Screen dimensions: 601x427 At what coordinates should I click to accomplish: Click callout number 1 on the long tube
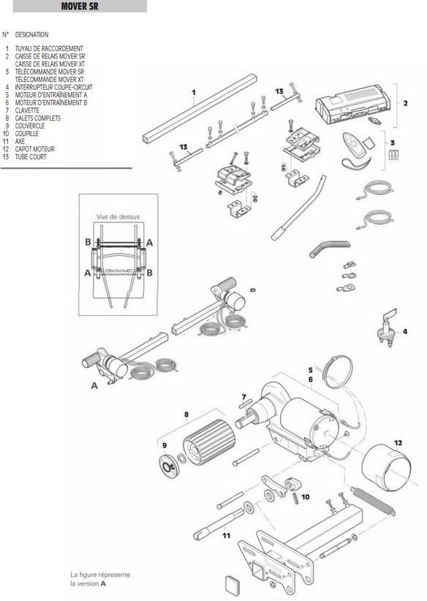tap(194, 92)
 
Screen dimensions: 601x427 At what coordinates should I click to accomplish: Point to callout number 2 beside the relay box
tap(404, 103)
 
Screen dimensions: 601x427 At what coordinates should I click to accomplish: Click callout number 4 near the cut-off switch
tap(404, 332)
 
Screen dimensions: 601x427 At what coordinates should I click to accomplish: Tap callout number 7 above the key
tap(243, 397)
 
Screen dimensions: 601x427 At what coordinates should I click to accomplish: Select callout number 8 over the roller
tap(186, 415)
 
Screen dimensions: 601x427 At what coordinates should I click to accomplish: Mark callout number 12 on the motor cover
tap(398, 442)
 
